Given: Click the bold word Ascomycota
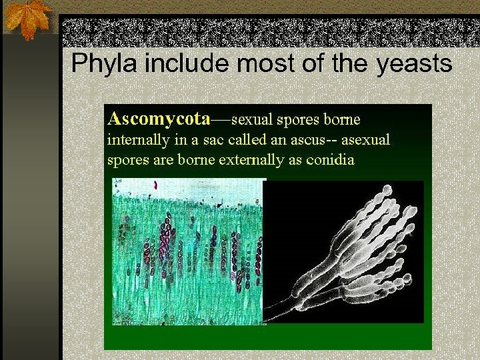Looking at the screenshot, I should coord(159,119).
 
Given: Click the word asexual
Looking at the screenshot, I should coord(365,141).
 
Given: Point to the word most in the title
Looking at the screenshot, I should coord(256,64).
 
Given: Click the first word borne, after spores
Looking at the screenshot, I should coord(342,120).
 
